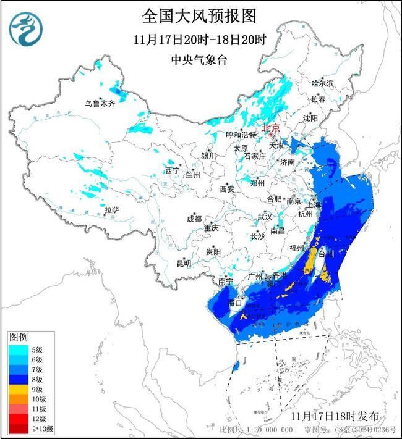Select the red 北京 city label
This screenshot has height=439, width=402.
tap(271, 128)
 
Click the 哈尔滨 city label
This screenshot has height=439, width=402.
tap(322, 83)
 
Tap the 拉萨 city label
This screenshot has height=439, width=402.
tap(111, 210)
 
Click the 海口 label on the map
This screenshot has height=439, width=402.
tap(234, 303)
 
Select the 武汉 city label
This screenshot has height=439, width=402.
tap(264, 217)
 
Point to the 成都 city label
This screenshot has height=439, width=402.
tap(194, 219)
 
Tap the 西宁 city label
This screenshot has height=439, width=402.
tap(172, 170)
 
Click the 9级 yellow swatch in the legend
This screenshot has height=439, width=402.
tap(19, 390)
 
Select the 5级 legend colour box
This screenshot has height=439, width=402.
tap(19, 349)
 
